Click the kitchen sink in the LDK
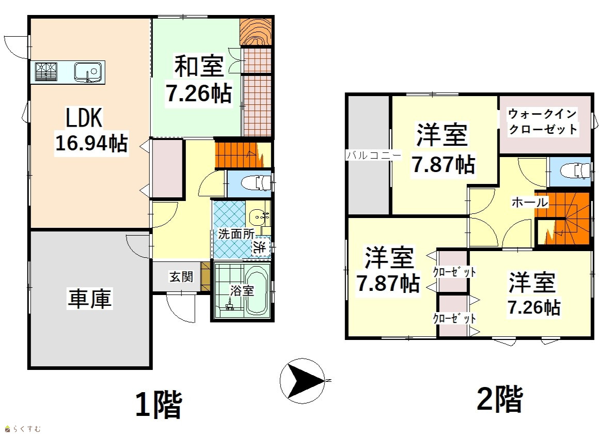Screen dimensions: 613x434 (x=88, y=72)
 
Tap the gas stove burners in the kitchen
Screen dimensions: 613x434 (x=46, y=72)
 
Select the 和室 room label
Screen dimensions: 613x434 (x=199, y=67)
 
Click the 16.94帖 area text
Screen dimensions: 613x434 (x=91, y=143)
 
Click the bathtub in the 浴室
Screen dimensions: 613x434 (x=257, y=290)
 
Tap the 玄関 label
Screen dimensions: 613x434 (x=181, y=276)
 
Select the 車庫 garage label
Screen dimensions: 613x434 (x=90, y=298)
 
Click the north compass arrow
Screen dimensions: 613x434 (x=303, y=380)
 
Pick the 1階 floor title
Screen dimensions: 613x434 (x=159, y=405)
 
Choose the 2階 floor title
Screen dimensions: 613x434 (x=500, y=399)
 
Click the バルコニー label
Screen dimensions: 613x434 (x=374, y=156)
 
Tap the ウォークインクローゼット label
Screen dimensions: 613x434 (x=543, y=121)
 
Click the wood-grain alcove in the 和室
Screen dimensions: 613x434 (x=255, y=32)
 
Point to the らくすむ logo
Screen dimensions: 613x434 (x=22, y=429)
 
